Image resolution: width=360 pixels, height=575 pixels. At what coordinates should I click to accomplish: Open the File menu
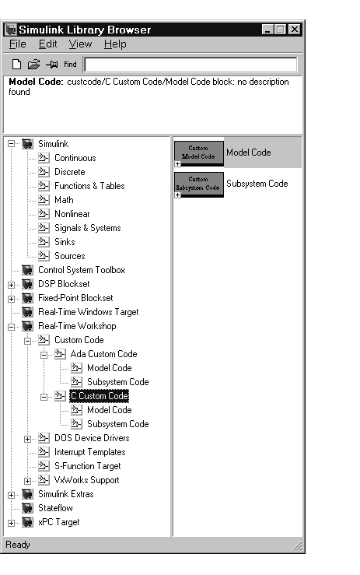point(18,44)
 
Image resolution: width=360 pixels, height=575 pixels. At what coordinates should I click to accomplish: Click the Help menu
point(115,44)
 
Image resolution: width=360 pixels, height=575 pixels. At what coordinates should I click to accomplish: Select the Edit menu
point(48,44)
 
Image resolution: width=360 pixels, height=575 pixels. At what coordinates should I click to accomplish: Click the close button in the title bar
point(295,30)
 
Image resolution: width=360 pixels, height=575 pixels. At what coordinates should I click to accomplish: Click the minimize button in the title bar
point(268,30)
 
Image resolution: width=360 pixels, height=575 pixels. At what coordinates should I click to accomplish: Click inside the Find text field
point(190,65)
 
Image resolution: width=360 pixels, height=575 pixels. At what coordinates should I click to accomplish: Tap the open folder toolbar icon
point(33,65)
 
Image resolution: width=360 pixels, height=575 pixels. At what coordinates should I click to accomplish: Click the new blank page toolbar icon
point(16,65)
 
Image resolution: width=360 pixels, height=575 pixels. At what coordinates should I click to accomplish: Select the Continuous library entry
point(75,158)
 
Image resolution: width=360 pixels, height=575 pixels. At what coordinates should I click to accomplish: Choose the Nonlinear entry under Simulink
point(72,214)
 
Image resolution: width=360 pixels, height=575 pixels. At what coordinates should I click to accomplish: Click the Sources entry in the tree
point(70,256)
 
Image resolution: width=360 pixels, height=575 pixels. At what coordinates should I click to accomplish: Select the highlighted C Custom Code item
point(99,396)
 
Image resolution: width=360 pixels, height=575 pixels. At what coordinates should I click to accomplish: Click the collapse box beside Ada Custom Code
point(44,355)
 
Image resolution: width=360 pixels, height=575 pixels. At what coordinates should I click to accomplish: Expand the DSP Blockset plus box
point(12,285)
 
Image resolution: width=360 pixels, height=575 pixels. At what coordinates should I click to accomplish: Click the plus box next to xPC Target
point(12,523)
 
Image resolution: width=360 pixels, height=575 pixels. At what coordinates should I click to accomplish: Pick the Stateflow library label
point(55,508)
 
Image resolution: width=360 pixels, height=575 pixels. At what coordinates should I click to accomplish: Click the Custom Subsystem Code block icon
point(199,184)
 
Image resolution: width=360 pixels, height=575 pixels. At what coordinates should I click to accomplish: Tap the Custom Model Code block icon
point(199,153)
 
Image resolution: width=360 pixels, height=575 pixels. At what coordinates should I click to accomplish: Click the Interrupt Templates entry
point(90,452)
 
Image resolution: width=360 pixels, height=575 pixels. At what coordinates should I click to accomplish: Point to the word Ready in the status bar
point(18,545)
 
